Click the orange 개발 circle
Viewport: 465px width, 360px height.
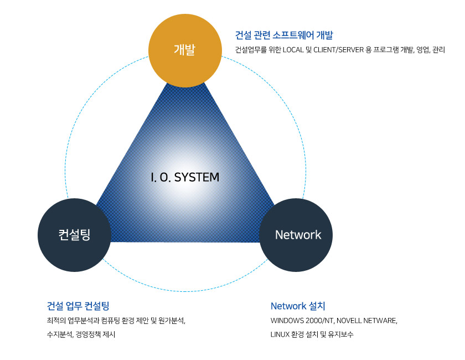pyautogui.click(x=185, y=51)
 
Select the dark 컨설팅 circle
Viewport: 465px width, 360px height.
pyautogui.click(x=74, y=235)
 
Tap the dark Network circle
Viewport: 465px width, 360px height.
pyautogui.click(x=296, y=235)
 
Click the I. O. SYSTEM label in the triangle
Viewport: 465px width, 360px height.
pyautogui.click(x=185, y=177)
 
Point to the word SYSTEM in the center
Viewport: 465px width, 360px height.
pyautogui.click(x=197, y=177)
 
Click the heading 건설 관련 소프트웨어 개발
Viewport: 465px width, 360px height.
pyautogui.click(x=284, y=35)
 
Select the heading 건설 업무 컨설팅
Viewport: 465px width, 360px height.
pyautogui.click(x=78, y=306)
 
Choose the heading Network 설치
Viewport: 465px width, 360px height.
pyautogui.click(x=298, y=306)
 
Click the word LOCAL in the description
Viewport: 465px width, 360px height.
pyautogui.click(x=293, y=50)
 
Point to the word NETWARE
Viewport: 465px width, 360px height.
pyautogui.click(x=380, y=321)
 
